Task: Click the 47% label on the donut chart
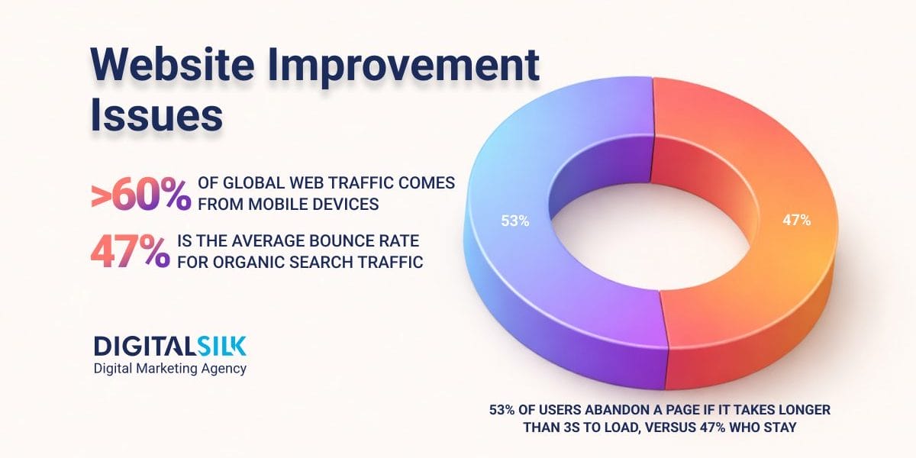796,221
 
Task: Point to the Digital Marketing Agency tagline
169,369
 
